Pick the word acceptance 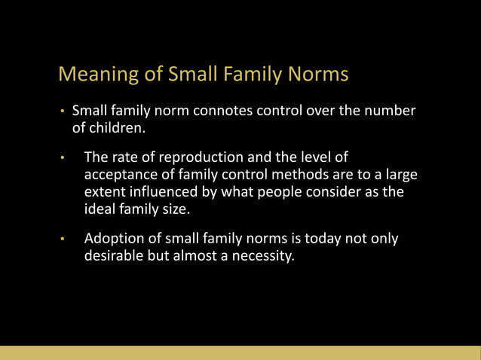tap(120, 175)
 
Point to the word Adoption tap(114, 239)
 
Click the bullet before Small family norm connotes tap(64, 112)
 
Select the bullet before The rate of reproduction tap(64, 159)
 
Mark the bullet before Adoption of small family tap(64, 239)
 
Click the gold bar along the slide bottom tap(240, 352)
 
